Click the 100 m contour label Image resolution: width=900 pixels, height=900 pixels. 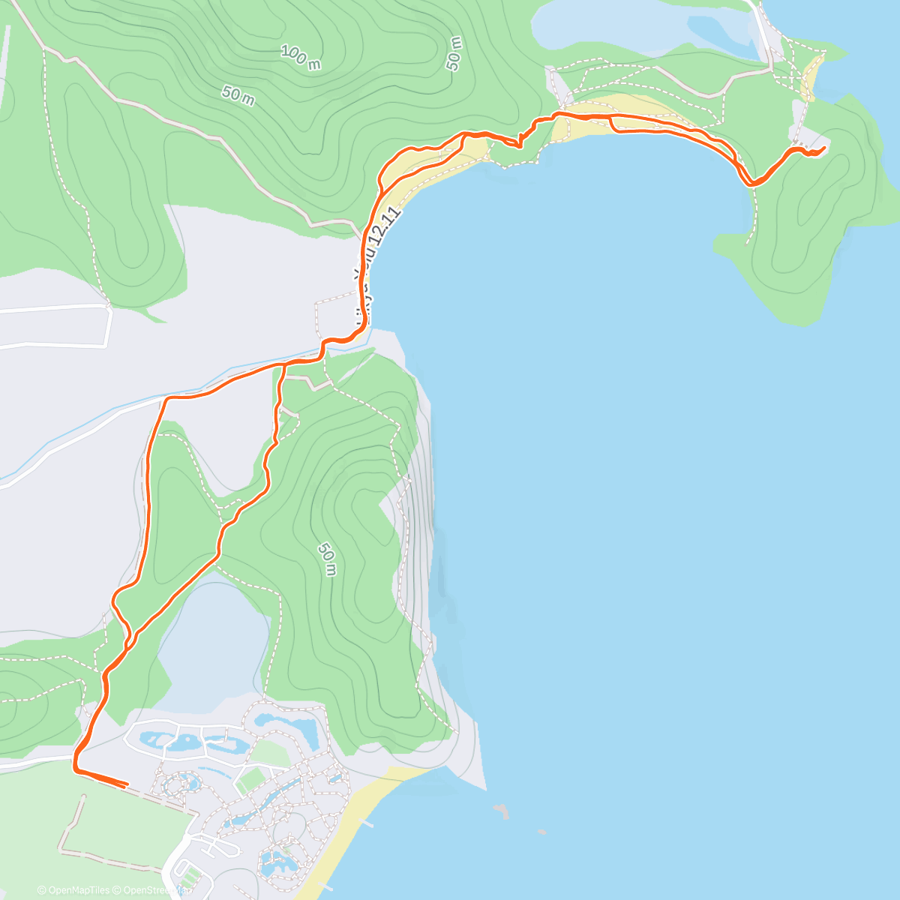(x=301, y=57)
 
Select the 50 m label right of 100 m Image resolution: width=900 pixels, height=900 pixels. (x=454, y=52)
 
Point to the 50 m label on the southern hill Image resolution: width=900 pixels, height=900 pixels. (x=326, y=559)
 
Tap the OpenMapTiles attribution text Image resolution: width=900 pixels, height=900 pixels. (x=73, y=890)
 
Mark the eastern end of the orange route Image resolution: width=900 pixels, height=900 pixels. (x=824, y=148)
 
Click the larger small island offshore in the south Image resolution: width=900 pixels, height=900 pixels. (x=501, y=810)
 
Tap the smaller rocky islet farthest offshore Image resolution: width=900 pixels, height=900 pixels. (x=541, y=831)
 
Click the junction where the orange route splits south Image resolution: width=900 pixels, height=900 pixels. (x=283, y=364)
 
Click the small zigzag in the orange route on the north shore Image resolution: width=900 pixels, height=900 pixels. (x=518, y=141)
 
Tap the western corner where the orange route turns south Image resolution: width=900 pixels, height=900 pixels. (x=165, y=398)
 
